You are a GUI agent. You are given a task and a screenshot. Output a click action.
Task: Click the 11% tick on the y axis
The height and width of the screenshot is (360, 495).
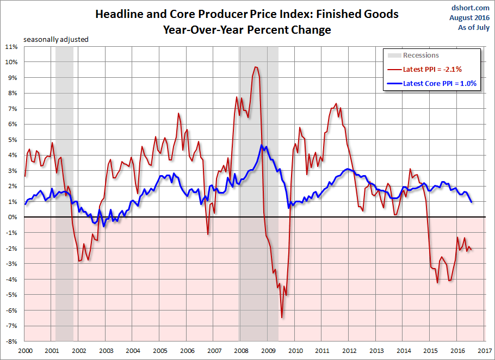click(12, 47)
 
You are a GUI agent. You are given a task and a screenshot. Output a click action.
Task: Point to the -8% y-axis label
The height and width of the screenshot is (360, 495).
click(12, 342)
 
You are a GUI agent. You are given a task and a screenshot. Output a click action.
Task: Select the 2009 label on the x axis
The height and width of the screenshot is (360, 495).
click(268, 351)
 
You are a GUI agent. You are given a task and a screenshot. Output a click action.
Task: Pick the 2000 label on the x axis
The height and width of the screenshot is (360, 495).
click(24, 351)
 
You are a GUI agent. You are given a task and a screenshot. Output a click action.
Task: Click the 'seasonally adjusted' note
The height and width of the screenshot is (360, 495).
click(55, 40)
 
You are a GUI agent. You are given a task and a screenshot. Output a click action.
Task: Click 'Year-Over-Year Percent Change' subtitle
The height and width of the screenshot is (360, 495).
click(246, 30)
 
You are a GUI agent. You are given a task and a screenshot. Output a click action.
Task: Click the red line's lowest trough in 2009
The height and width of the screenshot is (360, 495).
click(282, 318)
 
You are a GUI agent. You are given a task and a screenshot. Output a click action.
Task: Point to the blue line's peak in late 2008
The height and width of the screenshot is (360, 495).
click(262, 146)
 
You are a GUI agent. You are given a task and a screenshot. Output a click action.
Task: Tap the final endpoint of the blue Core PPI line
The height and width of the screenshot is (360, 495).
click(472, 202)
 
